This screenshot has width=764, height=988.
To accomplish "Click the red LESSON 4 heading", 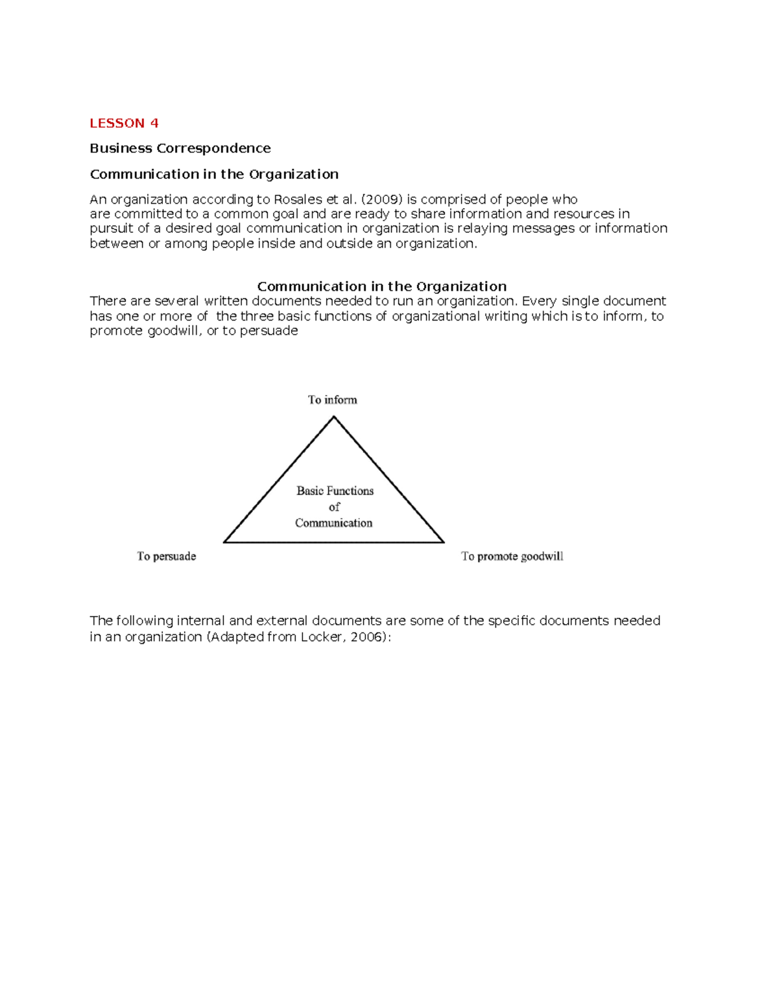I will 124,123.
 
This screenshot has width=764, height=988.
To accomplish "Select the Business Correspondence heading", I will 180,148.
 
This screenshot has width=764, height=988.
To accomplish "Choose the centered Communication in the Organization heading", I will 381,286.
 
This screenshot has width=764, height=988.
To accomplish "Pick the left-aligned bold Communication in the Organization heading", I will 214,174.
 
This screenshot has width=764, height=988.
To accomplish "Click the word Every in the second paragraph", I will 539,301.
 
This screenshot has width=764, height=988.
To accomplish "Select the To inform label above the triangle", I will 332,400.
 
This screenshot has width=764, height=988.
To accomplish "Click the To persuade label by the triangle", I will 166,556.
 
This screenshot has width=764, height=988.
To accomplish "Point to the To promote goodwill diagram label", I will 512,556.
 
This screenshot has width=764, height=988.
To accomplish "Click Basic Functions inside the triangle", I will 335,491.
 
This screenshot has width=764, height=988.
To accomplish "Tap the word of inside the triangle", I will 334,507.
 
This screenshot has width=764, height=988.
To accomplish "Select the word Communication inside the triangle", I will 334,523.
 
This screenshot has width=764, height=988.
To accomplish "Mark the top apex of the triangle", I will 334,417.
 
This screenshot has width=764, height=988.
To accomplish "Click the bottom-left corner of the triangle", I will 224,542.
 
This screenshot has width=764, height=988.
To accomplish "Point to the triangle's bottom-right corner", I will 443,542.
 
